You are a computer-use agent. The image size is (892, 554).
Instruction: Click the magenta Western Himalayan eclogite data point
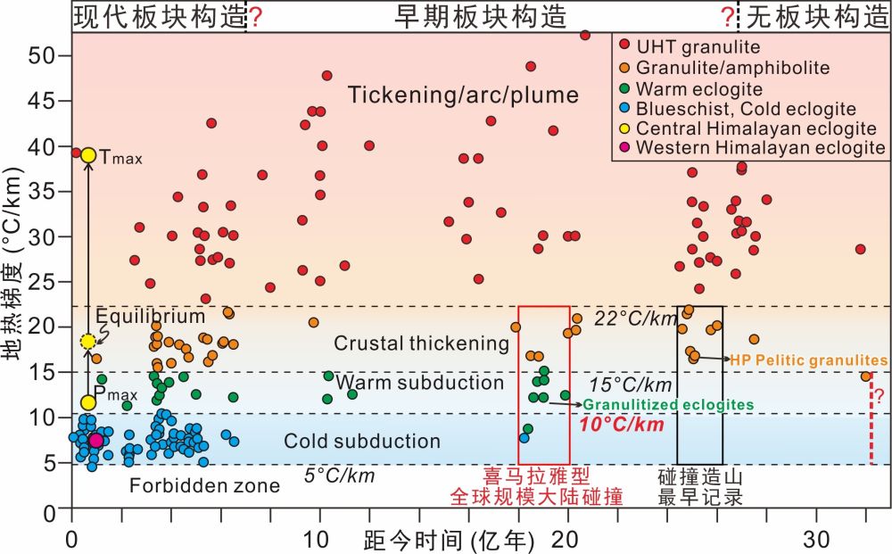point(95,441)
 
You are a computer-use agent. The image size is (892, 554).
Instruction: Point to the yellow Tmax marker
point(88,155)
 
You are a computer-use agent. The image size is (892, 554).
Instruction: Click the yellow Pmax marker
point(88,403)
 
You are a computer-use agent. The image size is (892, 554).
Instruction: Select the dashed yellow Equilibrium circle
point(88,342)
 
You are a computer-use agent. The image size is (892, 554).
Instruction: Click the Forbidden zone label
point(204,486)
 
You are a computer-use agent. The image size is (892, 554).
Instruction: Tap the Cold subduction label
point(362,442)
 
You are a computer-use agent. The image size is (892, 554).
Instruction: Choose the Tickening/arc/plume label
point(464,95)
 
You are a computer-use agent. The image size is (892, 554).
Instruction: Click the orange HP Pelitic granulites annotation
point(808,360)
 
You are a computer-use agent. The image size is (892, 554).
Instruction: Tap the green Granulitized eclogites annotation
point(668,405)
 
